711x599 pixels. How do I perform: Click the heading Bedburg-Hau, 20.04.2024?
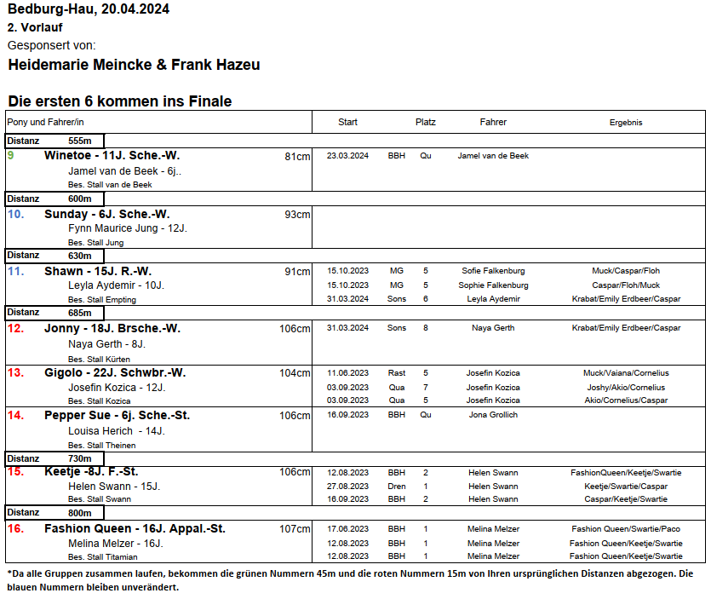[88, 9]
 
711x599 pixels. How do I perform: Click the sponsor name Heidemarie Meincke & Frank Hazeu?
[134, 65]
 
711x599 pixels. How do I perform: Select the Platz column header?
[425, 122]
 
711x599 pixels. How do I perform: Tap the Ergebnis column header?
[625, 122]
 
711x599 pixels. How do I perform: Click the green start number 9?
[10, 156]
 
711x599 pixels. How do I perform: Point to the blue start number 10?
[15, 214]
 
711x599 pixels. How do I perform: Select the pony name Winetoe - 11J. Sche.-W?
[112, 156]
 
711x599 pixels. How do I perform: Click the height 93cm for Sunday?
[297, 214]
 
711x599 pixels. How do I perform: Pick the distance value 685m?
[79, 313]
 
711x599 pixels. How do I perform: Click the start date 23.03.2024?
[347, 156]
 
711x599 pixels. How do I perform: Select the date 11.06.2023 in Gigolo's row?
[347, 372]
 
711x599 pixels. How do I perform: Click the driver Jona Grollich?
[493, 415]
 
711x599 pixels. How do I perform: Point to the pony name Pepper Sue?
[75, 416]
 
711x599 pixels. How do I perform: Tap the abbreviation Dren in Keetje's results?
[396, 486]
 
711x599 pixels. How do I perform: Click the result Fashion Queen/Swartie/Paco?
[626, 529]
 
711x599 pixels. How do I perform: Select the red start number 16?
[15, 529]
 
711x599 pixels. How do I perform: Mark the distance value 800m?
[79, 513]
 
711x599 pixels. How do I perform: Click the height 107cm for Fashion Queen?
[295, 529]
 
